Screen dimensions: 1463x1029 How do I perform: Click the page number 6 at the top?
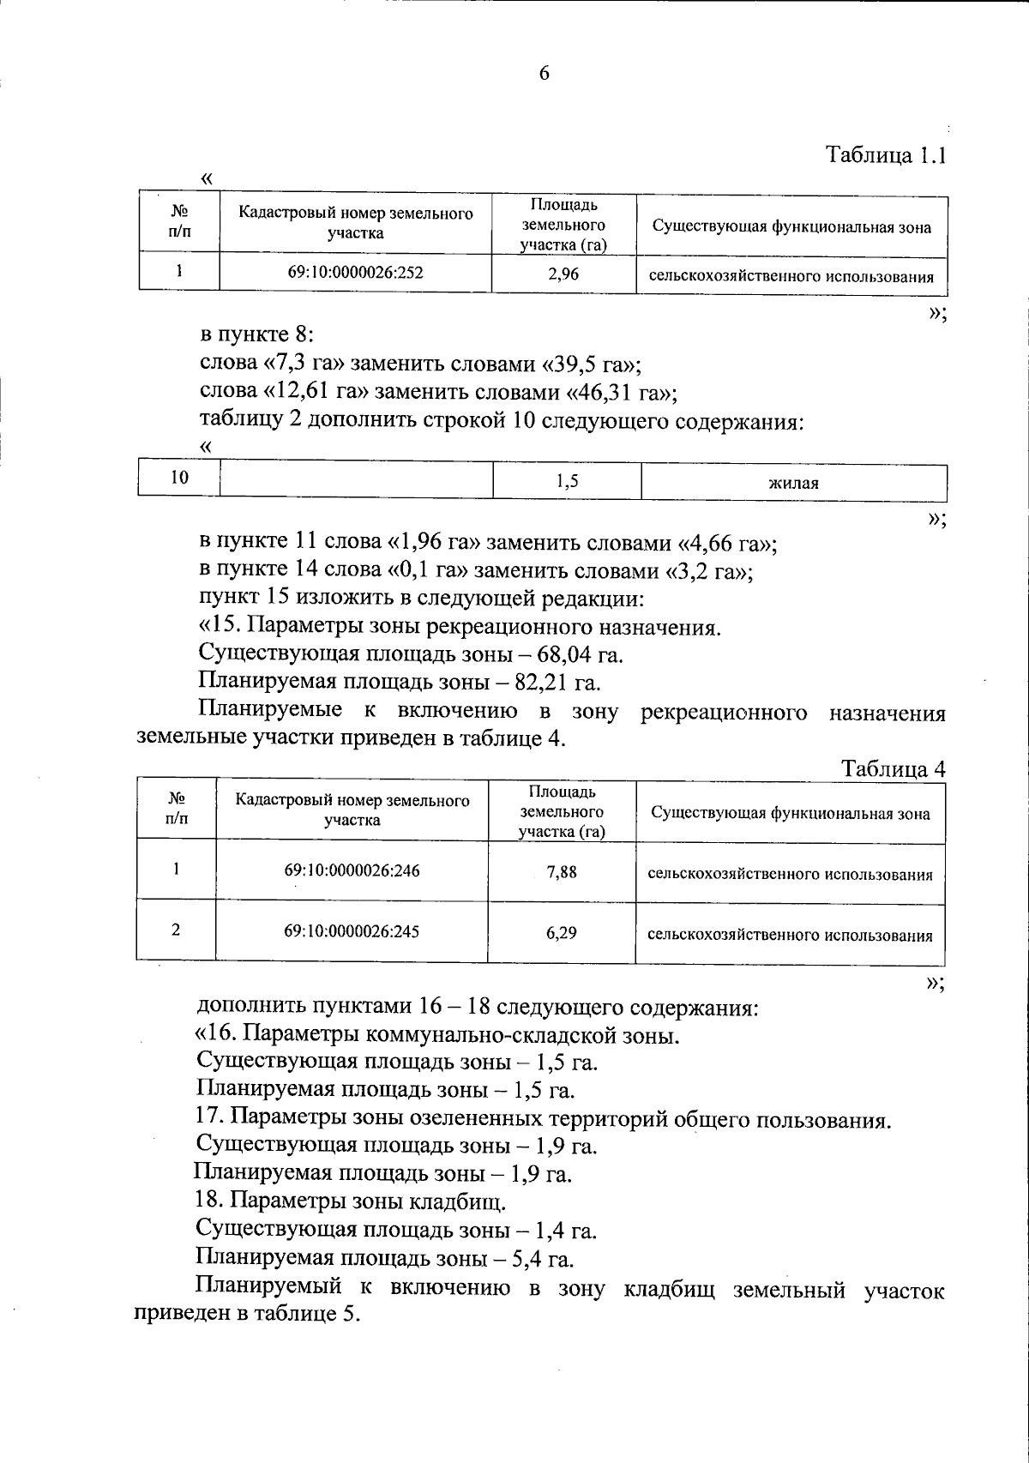pos(544,74)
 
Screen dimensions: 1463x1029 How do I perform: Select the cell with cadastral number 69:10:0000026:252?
pos(355,273)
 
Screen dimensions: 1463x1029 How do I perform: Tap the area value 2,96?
pos(563,275)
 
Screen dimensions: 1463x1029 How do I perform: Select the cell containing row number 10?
pos(178,479)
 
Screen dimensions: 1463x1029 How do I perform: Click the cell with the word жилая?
pos(793,483)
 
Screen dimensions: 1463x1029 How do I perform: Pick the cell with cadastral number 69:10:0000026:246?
pos(352,870)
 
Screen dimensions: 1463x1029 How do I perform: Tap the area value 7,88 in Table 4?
pos(562,872)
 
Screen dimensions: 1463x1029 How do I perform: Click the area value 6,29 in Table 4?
pos(562,932)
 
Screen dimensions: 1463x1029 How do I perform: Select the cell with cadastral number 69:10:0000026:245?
pos(352,931)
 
